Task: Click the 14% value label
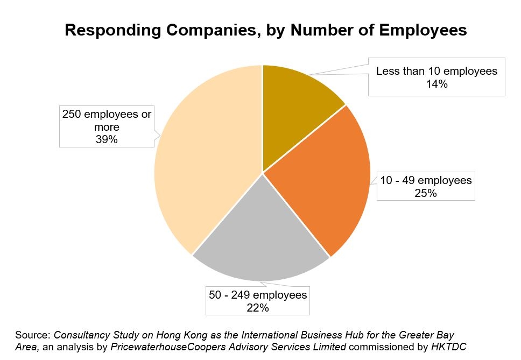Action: point(436,84)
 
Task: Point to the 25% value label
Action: point(425,193)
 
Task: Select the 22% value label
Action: point(258,308)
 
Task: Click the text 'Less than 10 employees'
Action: point(436,71)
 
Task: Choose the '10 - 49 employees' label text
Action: point(426,180)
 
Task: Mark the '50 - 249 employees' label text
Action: point(258,295)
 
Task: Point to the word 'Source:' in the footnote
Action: point(33,335)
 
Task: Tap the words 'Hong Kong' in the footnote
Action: point(188,335)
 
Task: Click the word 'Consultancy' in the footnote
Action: point(81,335)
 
